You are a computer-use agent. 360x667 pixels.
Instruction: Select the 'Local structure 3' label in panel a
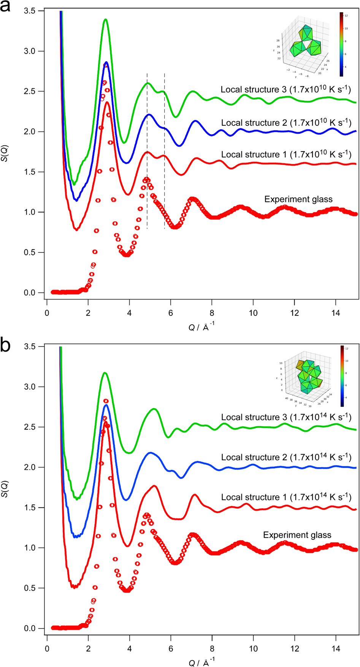tap(285, 90)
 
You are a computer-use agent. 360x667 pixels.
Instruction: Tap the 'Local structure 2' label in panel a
tap(286, 123)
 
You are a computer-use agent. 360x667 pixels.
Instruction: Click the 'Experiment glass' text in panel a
tap(298, 199)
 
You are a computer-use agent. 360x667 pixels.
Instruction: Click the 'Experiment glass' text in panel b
tap(297, 535)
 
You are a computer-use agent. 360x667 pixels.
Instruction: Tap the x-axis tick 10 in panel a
tap(253, 313)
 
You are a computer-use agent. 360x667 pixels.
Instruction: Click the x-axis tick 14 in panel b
tap(336, 649)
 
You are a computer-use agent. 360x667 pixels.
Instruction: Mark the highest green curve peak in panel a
tap(106, 19)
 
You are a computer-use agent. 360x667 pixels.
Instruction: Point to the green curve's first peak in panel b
tap(105, 373)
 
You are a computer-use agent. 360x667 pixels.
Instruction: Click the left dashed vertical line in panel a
tap(147, 152)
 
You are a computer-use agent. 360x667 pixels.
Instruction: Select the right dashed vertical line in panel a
tap(164, 152)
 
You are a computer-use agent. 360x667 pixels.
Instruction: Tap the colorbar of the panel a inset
tap(341, 44)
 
